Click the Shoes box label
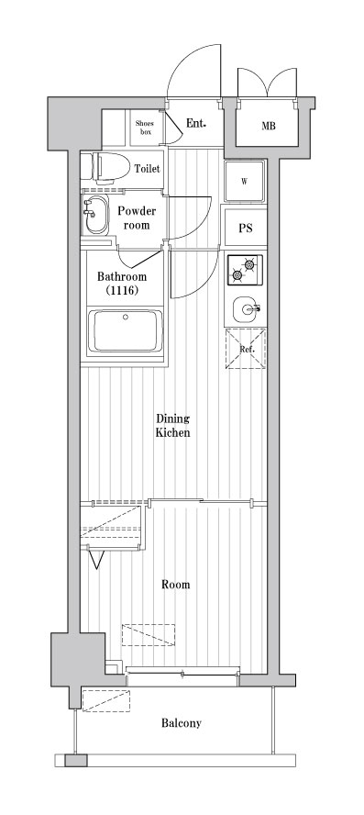144,127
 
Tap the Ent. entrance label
195,123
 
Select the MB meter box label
269,127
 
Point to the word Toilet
148,169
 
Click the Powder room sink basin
94,218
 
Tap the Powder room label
138,218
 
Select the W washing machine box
245,181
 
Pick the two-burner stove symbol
245,270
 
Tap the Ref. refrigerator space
246,350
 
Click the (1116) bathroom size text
121,291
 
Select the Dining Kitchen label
172,426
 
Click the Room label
176,585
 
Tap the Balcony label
182,723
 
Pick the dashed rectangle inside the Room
149,636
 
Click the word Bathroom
122,276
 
